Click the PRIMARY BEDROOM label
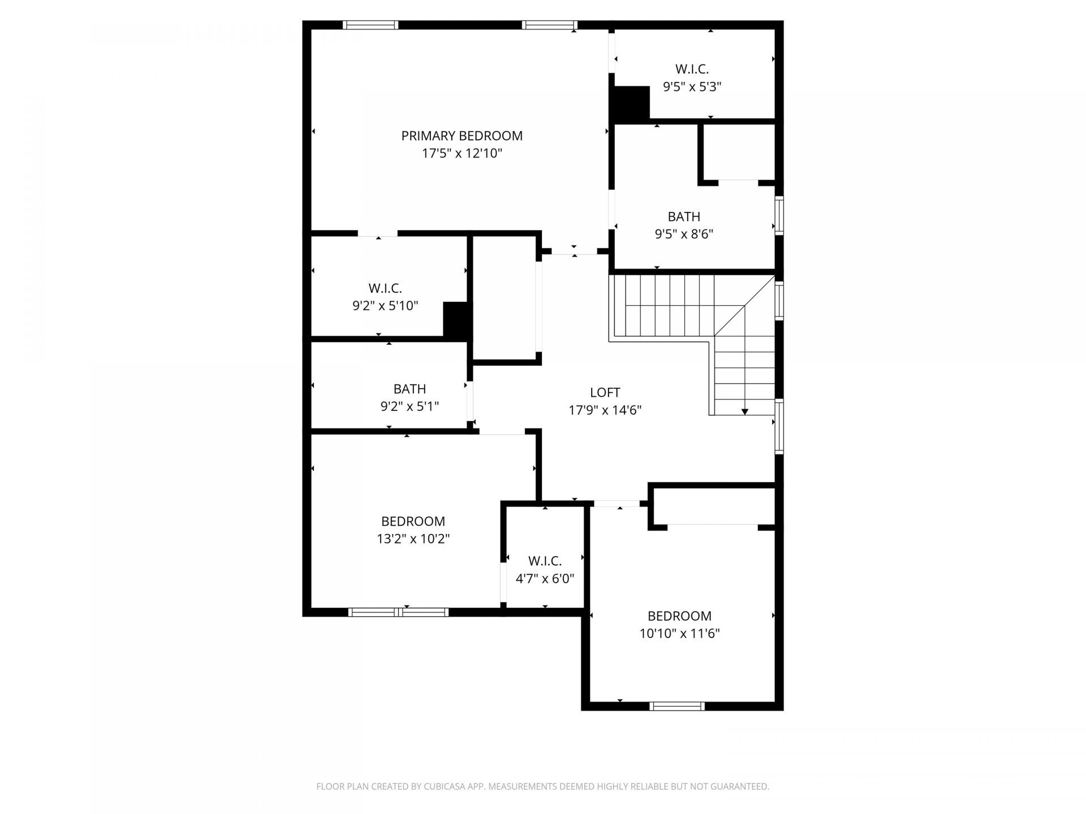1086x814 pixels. (x=462, y=136)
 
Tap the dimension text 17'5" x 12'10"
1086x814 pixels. (x=462, y=153)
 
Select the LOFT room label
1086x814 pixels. (x=605, y=392)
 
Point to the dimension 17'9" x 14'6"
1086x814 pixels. (x=605, y=410)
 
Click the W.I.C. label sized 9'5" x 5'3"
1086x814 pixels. (x=692, y=69)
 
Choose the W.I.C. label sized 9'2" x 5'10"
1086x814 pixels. (x=385, y=288)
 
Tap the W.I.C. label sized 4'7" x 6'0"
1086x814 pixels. (x=545, y=561)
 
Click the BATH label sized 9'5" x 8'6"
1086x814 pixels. (x=684, y=217)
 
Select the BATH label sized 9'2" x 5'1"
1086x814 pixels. (x=410, y=389)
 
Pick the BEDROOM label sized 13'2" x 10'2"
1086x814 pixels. (x=413, y=521)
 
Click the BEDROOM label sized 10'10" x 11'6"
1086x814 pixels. (x=679, y=616)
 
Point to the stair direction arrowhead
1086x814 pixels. (x=745, y=412)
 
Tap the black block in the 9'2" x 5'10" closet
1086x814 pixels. (x=457, y=320)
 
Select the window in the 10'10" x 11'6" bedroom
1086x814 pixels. (x=677, y=706)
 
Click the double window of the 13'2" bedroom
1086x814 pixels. (x=398, y=612)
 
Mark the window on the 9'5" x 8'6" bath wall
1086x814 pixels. (x=779, y=215)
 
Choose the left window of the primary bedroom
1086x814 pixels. (x=370, y=25)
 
